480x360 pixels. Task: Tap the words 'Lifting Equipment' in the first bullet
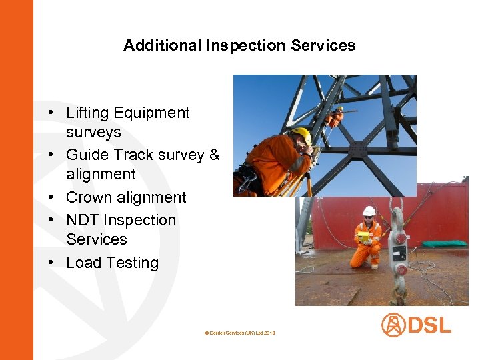[x=128, y=113]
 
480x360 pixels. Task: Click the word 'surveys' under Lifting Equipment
[x=93, y=132]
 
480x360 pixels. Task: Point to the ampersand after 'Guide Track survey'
[x=214, y=155]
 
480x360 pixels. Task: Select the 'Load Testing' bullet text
[x=112, y=263]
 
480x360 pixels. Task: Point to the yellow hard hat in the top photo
[x=303, y=134]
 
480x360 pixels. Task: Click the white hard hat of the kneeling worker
[x=369, y=211]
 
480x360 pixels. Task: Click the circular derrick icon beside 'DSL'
[x=393, y=325]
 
